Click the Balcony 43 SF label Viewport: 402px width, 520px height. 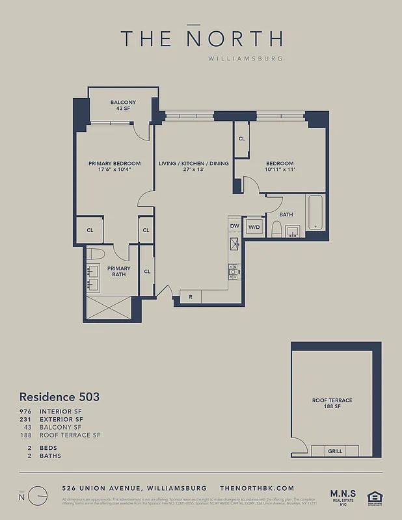(123, 105)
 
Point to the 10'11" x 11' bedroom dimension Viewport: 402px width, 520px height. (279, 170)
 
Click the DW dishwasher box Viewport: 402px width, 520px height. (234, 226)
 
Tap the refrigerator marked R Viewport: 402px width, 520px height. (190, 297)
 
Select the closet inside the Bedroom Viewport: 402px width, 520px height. (241, 139)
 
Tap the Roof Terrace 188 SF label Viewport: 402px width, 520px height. (332, 404)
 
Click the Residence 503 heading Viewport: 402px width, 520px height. (59, 396)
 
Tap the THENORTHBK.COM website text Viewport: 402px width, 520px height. (258, 488)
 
